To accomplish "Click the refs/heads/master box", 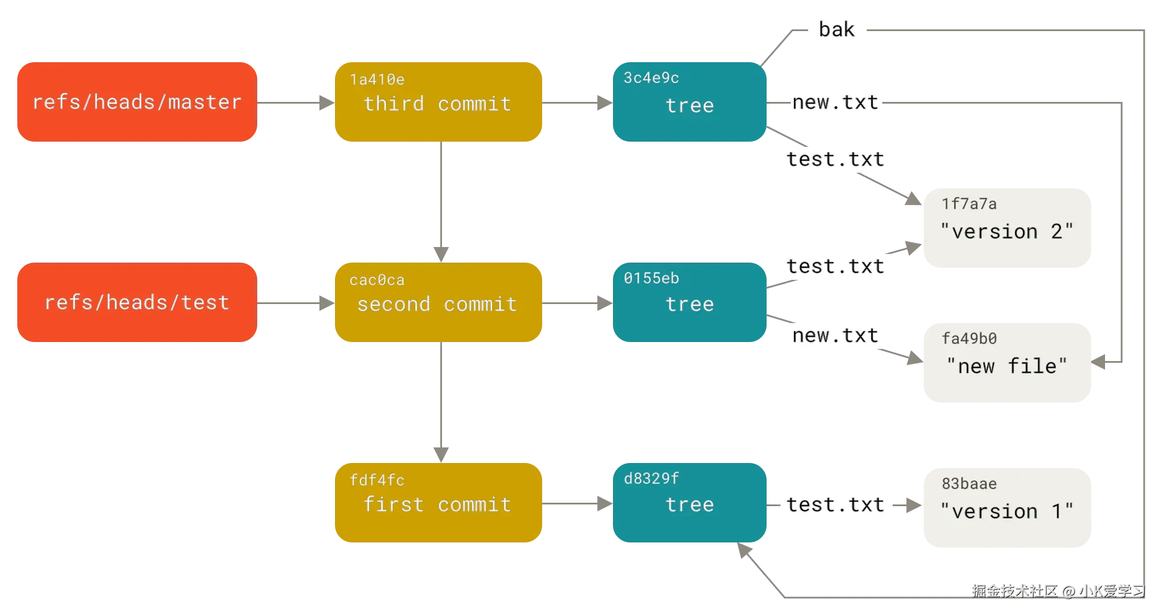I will coord(136,102).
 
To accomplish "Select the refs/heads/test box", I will coord(136,302).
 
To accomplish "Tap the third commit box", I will coord(437,102).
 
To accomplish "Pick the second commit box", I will coord(437,303).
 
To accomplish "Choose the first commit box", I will coord(437,503).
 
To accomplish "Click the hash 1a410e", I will coord(377,79).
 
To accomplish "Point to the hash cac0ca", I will coord(377,280).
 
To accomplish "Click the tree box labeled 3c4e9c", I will coord(689,102).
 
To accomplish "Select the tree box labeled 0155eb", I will coord(689,302).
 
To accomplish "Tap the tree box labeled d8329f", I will coord(689,503).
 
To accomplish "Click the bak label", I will coord(837,29).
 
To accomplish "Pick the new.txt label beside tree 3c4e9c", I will coord(835,103).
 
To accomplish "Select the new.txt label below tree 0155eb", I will coord(835,336).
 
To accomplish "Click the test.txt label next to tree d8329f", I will coord(835,505).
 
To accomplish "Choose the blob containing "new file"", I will coord(1006,364).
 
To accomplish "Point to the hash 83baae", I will coord(969,484).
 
